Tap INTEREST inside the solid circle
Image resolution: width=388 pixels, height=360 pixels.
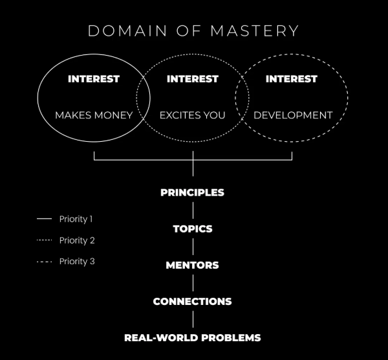tap(94, 79)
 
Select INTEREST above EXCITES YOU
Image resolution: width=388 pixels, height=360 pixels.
tap(193, 79)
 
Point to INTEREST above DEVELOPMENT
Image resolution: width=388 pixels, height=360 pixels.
tap(292, 79)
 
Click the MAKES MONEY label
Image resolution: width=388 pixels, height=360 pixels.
tap(94, 116)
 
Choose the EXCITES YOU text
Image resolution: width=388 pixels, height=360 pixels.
tap(193, 116)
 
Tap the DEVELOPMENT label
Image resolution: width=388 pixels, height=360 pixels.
tap(293, 116)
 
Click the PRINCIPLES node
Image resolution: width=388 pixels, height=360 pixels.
tap(193, 192)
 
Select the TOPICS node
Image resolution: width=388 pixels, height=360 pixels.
tap(193, 229)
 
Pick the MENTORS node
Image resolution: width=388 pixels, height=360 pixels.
tap(193, 265)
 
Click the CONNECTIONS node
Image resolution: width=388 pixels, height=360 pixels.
tap(193, 301)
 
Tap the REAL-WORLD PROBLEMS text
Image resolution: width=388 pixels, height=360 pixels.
tap(193, 337)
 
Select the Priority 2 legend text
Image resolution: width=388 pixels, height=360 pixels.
tap(77, 240)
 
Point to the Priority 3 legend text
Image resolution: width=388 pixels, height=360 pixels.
tap(77, 262)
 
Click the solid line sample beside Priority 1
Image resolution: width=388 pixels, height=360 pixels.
tap(44, 219)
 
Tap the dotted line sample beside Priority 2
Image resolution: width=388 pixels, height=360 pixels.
tap(44, 240)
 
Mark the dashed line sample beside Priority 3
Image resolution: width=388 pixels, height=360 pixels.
tap(44, 262)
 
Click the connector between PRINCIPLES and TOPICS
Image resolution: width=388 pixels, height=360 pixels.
tap(193, 210)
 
